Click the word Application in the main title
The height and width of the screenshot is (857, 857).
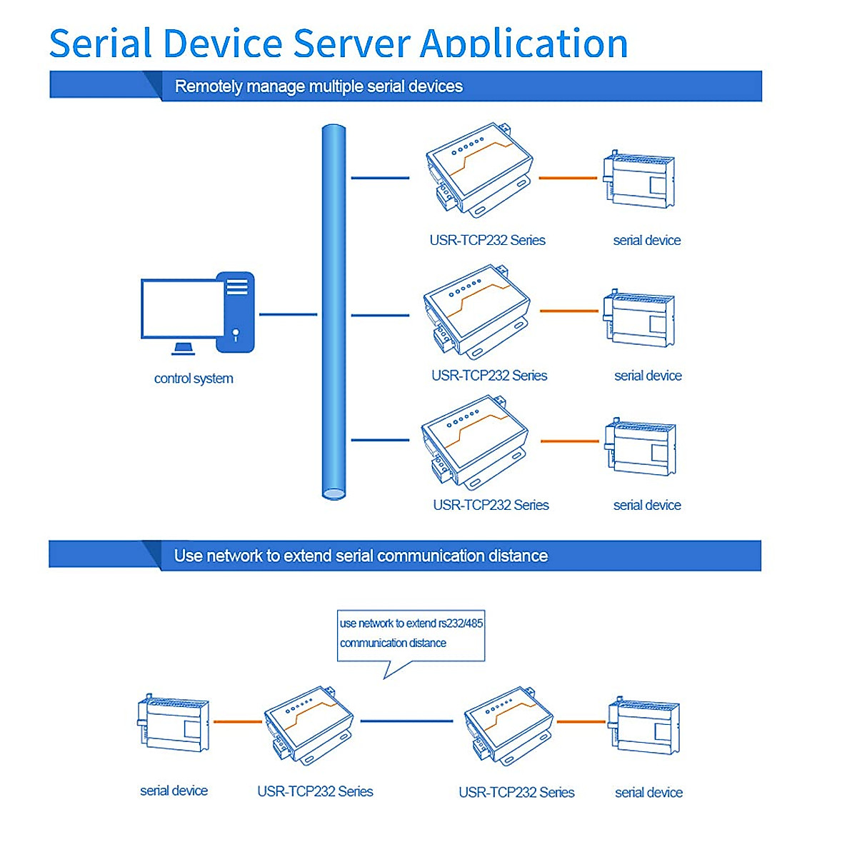coord(523,44)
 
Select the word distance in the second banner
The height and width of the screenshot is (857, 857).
coord(518,556)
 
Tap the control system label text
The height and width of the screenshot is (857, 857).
coord(194,379)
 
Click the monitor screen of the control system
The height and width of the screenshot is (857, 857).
coord(182,309)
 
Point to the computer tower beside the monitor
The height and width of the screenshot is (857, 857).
coord(236,312)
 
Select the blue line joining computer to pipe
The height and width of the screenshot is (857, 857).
coord(288,314)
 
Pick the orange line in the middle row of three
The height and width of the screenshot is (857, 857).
coord(568,311)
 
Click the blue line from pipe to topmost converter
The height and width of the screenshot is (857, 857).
coord(380,178)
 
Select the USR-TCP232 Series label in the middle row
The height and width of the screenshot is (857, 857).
coord(489,376)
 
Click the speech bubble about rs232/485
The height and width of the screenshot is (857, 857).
coord(411,633)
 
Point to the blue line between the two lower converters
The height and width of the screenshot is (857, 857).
coord(406,721)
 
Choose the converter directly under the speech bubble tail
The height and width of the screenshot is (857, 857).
coord(309,725)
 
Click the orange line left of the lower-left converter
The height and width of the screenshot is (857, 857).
coord(238,722)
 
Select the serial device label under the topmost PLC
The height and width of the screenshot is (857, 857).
coord(646,241)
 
